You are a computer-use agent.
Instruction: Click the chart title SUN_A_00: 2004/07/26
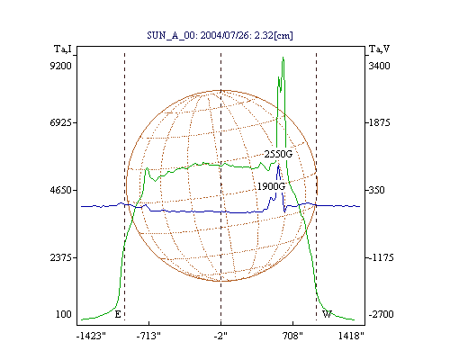(199, 35)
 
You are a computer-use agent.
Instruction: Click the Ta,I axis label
(63, 49)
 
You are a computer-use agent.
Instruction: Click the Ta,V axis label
(379, 49)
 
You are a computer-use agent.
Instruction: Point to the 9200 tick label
(60, 66)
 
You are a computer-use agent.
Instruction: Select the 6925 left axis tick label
(60, 122)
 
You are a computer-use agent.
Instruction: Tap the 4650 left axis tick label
(60, 190)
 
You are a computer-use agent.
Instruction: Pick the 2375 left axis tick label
(60, 257)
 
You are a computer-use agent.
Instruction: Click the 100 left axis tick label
(64, 314)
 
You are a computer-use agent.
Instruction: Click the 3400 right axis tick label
(379, 66)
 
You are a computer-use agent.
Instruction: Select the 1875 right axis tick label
(379, 122)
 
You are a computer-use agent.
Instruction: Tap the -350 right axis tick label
(376, 190)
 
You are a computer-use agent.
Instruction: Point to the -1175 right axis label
(381, 257)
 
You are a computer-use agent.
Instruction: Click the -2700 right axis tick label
(381, 314)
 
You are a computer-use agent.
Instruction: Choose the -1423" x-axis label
(91, 336)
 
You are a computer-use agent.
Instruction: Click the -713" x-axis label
(148, 336)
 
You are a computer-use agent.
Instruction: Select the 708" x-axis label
(293, 336)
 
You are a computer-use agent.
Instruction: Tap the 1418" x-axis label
(351, 336)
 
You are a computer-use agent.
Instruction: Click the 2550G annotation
(278, 154)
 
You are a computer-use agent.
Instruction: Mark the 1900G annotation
(271, 186)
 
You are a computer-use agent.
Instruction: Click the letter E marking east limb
(118, 314)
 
